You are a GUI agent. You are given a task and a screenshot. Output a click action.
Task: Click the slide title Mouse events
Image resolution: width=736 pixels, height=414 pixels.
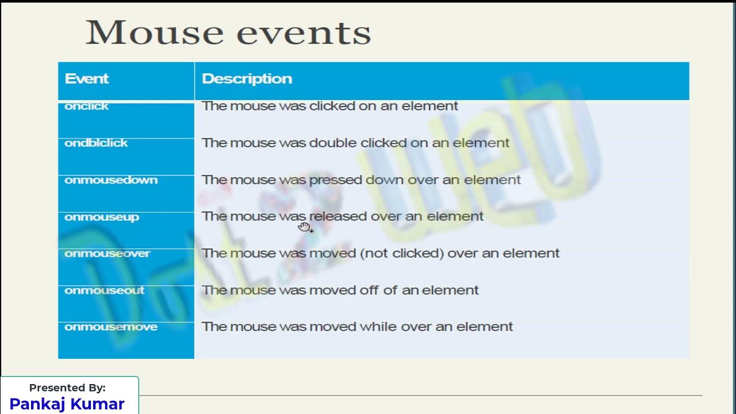[228, 33]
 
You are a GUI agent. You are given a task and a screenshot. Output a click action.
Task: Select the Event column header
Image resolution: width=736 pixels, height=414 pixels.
[87, 79]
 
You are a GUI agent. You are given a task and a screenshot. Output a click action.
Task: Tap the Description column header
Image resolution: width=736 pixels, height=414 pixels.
[247, 79]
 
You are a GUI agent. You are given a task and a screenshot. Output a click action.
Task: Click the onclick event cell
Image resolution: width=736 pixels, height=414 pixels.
[86, 106]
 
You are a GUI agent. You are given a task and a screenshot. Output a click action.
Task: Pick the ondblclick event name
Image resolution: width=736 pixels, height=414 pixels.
[96, 143]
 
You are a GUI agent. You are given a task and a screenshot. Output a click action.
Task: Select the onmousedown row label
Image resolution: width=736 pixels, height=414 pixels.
[111, 180]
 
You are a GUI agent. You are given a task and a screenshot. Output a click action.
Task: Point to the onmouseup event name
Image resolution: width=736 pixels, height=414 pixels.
[102, 217]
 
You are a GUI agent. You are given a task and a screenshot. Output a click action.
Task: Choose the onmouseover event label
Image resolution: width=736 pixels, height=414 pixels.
[108, 254]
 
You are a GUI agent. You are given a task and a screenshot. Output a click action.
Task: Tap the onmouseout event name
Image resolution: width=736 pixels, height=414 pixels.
[105, 290]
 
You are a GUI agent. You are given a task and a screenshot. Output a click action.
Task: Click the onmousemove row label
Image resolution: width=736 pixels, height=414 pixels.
[111, 327]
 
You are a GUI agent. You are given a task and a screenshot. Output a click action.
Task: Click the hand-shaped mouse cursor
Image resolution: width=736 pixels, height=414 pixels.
[304, 227]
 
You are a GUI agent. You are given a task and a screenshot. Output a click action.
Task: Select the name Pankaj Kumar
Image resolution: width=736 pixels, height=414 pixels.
[67, 404]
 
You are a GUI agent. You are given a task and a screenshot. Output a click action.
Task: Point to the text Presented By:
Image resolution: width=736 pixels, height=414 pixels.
[67, 388]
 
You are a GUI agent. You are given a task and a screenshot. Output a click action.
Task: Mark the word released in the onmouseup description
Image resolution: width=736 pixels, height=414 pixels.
[338, 217]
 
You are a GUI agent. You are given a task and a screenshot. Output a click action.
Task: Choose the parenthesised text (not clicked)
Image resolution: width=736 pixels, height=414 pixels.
[402, 254]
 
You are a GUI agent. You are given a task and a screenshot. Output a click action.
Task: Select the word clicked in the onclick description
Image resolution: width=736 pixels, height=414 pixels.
[332, 106]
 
